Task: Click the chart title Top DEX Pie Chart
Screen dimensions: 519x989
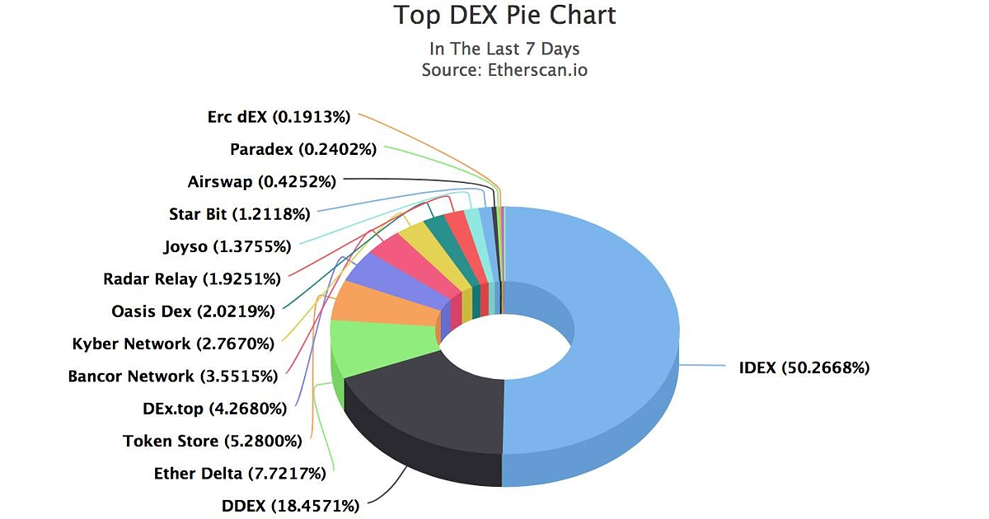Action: [x=504, y=15]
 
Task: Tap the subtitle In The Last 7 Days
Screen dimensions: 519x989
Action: [x=504, y=49]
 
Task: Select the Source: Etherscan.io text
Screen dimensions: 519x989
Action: [x=504, y=70]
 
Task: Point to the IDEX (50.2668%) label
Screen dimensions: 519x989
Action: [x=804, y=367]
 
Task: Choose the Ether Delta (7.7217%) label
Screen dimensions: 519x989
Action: [x=240, y=474]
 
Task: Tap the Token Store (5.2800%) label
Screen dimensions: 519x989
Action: [x=212, y=441]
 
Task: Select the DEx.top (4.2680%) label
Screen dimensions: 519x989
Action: [x=214, y=409]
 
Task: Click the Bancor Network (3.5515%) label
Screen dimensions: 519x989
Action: [x=172, y=376]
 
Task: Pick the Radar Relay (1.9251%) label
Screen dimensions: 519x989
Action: [x=192, y=278]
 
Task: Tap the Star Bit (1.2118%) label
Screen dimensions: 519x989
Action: [x=239, y=214]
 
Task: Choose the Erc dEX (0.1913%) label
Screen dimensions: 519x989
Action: [x=279, y=117]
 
